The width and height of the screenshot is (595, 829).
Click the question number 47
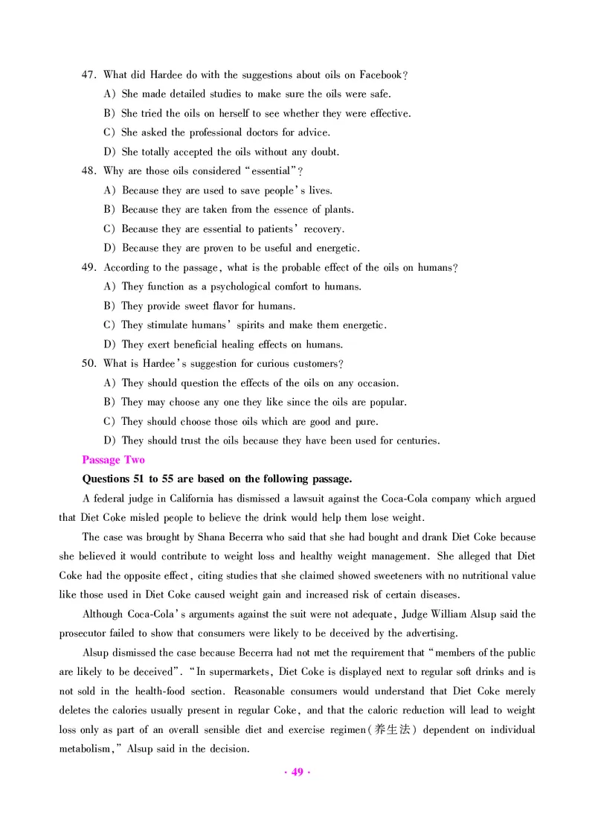click(89, 74)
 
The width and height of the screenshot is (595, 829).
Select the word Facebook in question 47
click(380, 74)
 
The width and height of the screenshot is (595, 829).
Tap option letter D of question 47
click(109, 152)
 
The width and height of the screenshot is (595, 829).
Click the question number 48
click(89, 170)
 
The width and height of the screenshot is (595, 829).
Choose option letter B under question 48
click(109, 209)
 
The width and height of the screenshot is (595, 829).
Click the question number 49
click(89, 267)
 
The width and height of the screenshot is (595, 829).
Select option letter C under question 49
click(109, 325)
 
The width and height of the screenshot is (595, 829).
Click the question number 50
click(89, 364)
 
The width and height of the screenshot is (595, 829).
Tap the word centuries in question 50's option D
click(414, 441)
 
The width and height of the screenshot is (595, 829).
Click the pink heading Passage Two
click(113, 460)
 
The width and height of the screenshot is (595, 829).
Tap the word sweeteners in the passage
click(367, 575)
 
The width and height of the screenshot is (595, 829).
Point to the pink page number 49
click(297, 772)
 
